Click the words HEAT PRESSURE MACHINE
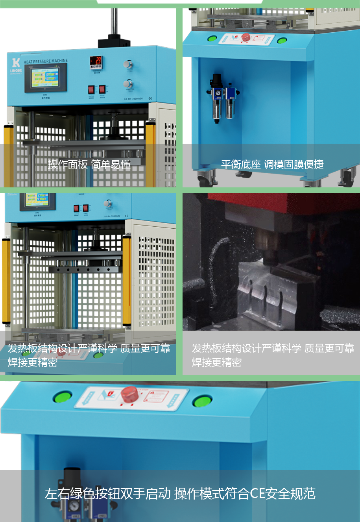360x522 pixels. click(x=45, y=61)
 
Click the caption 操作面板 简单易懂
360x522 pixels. click(x=89, y=164)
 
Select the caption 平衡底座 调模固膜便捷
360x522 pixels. click(x=272, y=164)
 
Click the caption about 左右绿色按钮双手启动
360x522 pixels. click(x=180, y=493)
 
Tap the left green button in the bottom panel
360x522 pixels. click(x=63, y=396)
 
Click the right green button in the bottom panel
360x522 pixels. click(x=202, y=402)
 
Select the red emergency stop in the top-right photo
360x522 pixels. click(x=246, y=37)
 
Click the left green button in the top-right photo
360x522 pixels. click(x=212, y=39)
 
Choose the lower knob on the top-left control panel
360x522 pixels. click(x=127, y=84)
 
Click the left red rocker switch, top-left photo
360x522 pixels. click(x=91, y=89)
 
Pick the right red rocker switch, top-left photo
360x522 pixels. click(x=102, y=89)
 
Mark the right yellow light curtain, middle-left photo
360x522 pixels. click(x=126, y=280)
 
